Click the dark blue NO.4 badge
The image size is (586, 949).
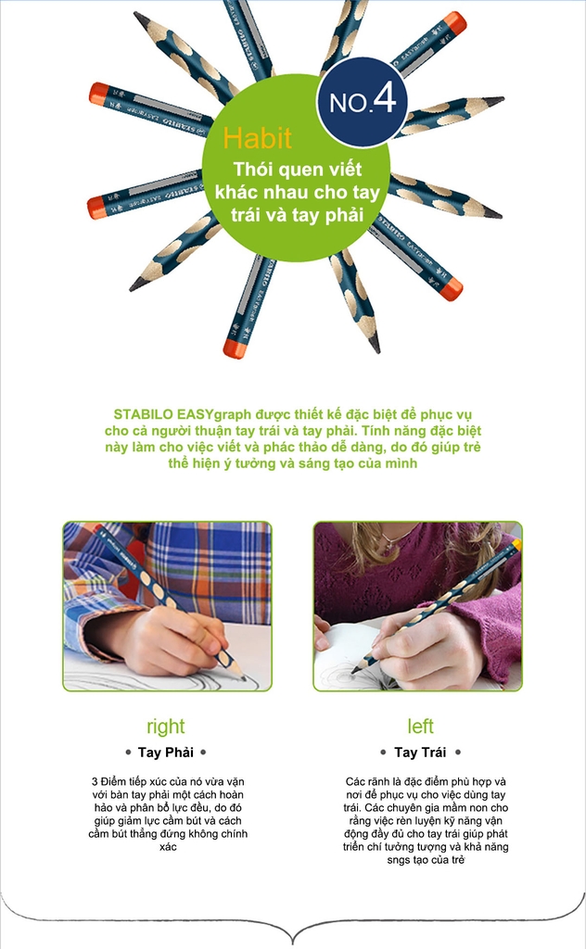(x=362, y=102)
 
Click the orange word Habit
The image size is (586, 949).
(x=257, y=138)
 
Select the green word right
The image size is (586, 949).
(x=165, y=727)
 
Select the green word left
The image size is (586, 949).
(x=420, y=726)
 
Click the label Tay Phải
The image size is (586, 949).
(x=166, y=753)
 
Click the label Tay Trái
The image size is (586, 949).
(x=420, y=753)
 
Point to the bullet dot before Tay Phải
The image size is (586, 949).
(x=128, y=753)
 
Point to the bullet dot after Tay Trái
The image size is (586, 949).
(x=458, y=753)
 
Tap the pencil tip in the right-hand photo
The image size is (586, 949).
(x=353, y=671)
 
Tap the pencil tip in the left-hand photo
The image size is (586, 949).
(x=243, y=677)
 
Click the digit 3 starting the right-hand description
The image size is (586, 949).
(x=96, y=782)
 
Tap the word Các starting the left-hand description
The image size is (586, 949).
(x=355, y=782)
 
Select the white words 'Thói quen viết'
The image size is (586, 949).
(x=298, y=169)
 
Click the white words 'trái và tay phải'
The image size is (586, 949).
(x=297, y=215)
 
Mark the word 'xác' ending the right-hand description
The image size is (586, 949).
(x=168, y=847)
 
